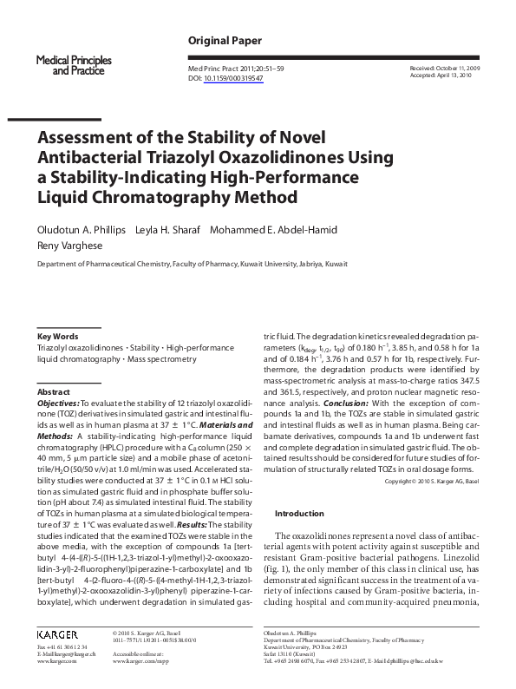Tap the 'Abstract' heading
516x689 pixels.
point(55,392)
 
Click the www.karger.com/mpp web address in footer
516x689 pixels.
point(140,660)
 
